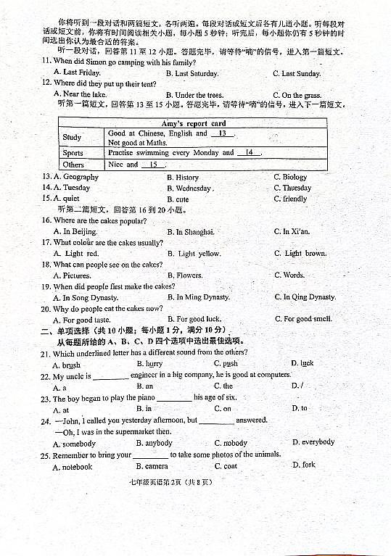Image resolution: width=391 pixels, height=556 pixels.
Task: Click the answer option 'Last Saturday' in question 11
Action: [x=196, y=73]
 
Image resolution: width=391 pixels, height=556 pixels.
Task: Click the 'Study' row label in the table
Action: [x=72, y=137]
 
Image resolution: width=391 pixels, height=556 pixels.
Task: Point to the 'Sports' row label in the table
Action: [x=73, y=153]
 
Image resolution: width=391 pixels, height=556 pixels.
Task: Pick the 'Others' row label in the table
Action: [x=73, y=165]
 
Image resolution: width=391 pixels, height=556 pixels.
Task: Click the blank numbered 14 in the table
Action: [x=249, y=152]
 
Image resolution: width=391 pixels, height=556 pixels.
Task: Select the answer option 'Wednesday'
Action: [x=193, y=188]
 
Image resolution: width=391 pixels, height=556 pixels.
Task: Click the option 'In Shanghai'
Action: [x=195, y=232]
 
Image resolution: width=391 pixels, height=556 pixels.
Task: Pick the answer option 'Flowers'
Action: [x=189, y=275]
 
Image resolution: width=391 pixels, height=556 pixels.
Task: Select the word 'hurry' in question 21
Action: [x=154, y=364]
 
